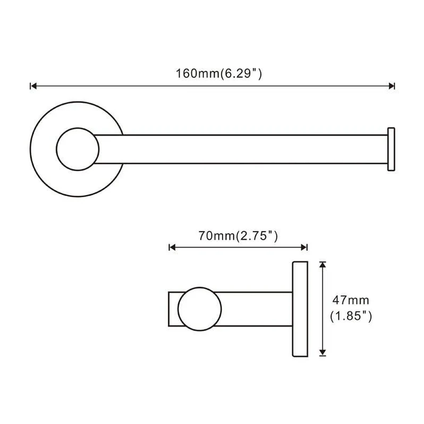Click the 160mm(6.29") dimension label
[x=219, y=73]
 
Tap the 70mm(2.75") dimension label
[x=238, y=236]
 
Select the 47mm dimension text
[x=351, y=300]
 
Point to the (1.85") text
[x=351, y=316]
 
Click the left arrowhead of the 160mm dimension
[x=33, y=86]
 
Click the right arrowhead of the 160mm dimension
[x=391, y=86]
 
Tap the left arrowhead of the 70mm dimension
[x=172, y=247]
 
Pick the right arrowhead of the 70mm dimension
[x=304, y=247]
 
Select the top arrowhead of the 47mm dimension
[x=323, y=265]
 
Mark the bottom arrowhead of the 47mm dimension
[x=323, y=352]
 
